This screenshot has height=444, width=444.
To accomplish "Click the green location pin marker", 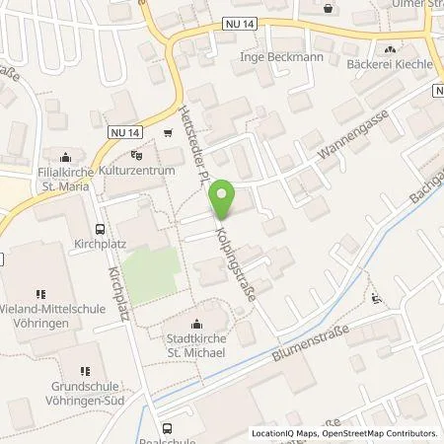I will click(x=224, y=198).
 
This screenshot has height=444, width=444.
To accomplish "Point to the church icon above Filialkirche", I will click(x=66, y=155).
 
